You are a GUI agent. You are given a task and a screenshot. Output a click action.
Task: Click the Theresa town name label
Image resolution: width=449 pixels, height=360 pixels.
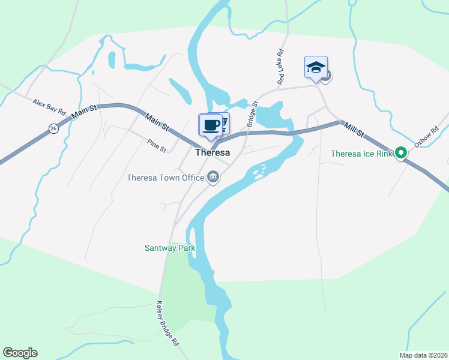click(x=212, y=152)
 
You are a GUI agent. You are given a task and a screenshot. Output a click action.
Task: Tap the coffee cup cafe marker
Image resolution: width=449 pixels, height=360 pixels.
click(x=209, y=125)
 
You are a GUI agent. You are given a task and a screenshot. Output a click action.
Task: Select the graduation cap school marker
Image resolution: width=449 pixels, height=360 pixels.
click(x=315, y=67)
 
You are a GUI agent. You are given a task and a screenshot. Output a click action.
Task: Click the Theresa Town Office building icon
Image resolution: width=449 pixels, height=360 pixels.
click(x=212, y=176)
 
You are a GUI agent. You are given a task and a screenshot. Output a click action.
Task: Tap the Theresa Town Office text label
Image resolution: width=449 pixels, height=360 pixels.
click(x=165, y=178)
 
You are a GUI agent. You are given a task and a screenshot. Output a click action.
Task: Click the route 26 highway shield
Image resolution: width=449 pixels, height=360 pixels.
click(x=53, y=128)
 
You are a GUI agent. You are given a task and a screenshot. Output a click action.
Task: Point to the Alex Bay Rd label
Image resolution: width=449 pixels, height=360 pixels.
click(x=49, y=107)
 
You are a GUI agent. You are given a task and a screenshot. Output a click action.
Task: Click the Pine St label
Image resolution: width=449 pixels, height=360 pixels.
click(x=156, y=145)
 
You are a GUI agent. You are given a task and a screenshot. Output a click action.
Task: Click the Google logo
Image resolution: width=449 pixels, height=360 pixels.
click(x=20, y=353)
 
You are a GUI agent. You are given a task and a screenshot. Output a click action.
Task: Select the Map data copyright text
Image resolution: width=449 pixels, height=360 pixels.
click(x=423, y=355)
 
